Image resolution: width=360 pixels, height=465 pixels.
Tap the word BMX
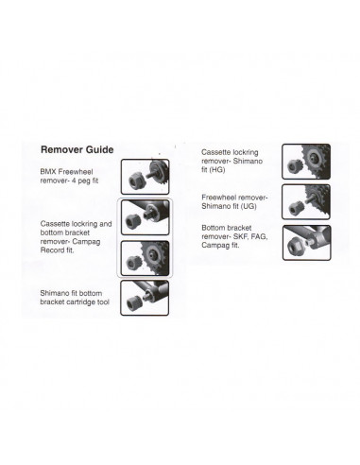point(50,171)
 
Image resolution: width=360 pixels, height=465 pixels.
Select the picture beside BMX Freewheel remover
point(146,175)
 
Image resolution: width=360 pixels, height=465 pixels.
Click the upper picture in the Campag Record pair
point(146,218)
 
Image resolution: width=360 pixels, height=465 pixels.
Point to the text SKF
point(255,235)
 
